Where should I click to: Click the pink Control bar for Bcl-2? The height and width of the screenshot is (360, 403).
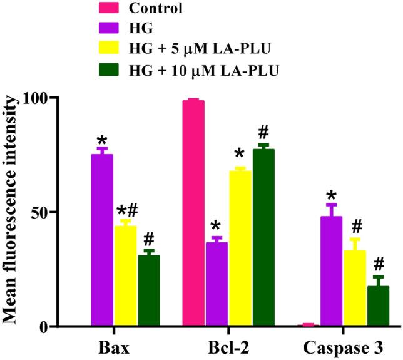pyautogui.click(x=193, y=213)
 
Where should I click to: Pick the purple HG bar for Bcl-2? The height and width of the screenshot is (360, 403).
pyautogui.click(x=217, y=284)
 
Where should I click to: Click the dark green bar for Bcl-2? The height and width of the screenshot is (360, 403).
pyautogui.click(x=263, y=238)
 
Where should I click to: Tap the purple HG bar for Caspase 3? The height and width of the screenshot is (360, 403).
pyautogui.click(x=331, y=272)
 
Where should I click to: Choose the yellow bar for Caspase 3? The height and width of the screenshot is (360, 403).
pyautogui.click(x=354, y=289)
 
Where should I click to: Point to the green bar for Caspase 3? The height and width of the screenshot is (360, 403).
pyautogui.click(x=377, y=306)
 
